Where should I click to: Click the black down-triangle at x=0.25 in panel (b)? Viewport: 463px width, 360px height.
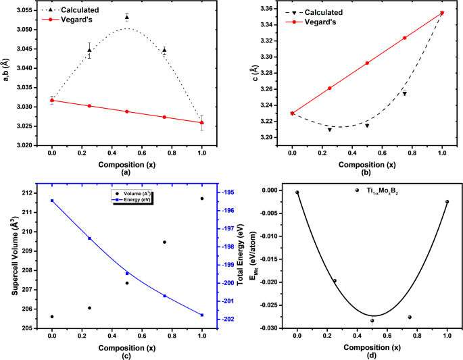pos(330,129)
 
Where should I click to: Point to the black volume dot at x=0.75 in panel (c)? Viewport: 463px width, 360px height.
pos(164,242)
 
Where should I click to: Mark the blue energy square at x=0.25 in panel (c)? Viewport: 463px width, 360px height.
pos(89,238)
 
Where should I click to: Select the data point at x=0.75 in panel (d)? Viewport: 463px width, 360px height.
pos(410,317)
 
